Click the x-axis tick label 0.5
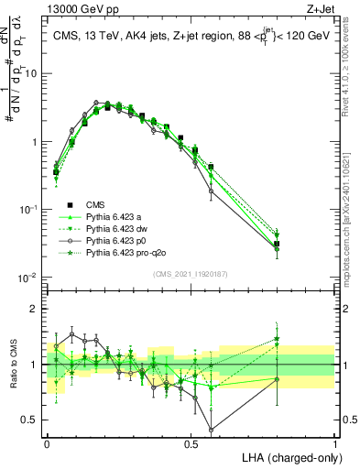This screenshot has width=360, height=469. [191, 442]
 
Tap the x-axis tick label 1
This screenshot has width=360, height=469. [334, 442]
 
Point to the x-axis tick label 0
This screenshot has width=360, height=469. [47, 442]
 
